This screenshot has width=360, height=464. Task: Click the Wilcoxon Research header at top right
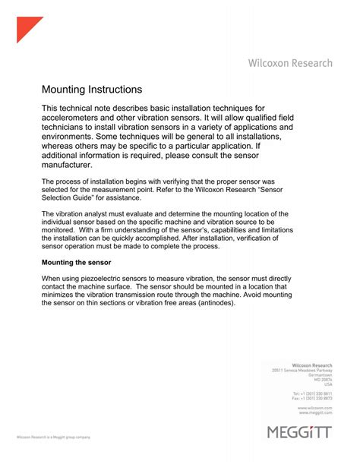click(x=289, y=64)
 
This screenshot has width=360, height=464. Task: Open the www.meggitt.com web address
click(x=313, y=413)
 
